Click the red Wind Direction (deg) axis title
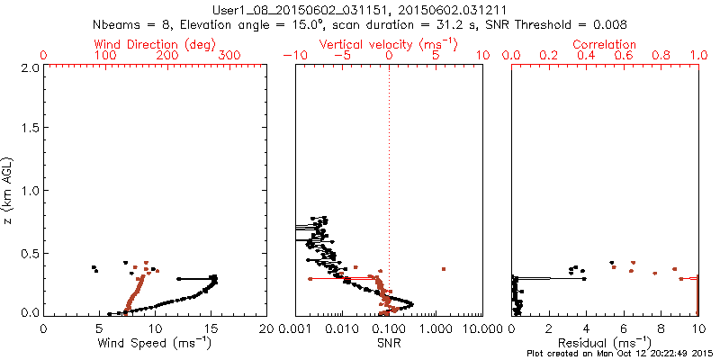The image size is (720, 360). point(156,44)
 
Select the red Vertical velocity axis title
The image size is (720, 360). point(388,44)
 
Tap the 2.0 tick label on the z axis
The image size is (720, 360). point(29,67)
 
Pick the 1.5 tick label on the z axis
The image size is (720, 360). point(29,130)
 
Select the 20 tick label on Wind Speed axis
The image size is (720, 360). point(265,329)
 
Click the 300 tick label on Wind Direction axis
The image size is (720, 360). point(229,56)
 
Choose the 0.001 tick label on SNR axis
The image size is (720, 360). point(295,329)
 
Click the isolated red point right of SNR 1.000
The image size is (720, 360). point(444,269)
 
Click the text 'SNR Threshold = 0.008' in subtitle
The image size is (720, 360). point(567,24)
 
